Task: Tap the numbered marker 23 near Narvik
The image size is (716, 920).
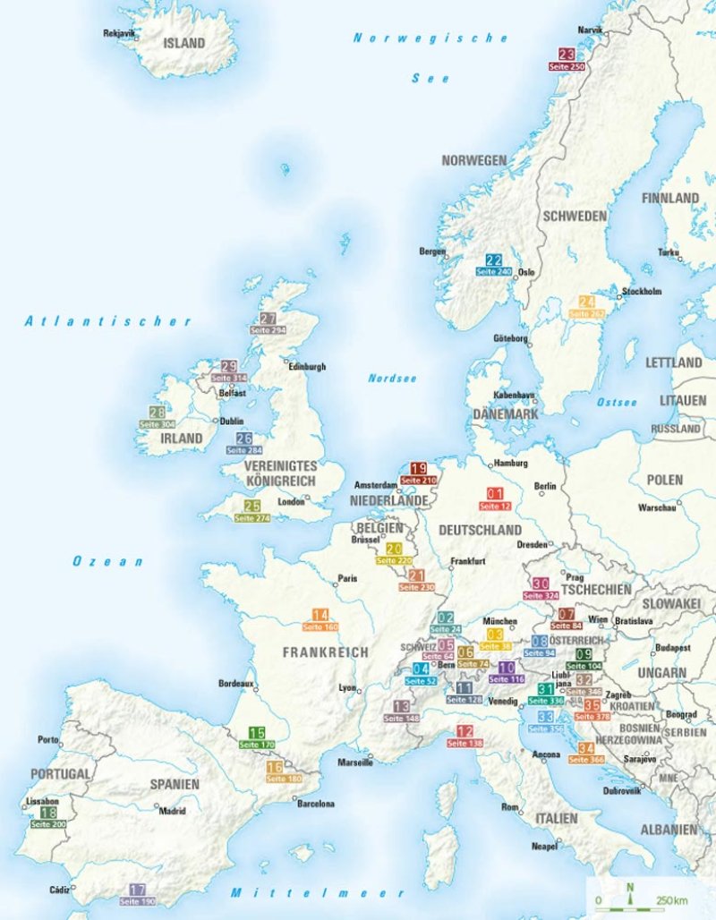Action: pos(566,55)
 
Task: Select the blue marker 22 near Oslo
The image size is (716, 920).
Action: pos(493,260)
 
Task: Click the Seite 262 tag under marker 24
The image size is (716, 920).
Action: pos(587,314)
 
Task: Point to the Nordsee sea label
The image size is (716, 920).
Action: pos(392,379)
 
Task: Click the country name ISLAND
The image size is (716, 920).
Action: pos(183,43)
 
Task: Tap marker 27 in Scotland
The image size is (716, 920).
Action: pos(268,319)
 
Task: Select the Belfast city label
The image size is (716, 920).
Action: pos(233,393)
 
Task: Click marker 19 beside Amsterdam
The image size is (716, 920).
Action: pos(418,468)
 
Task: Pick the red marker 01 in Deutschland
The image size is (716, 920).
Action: pos(494,494)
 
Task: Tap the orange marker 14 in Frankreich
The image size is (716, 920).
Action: pos(320,615)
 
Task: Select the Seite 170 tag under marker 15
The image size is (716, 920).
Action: pos(256,745)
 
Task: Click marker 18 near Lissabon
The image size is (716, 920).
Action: pos(48,812)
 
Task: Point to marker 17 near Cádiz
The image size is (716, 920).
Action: pos(137,890)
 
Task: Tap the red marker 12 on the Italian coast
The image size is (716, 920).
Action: pos(464,731)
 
